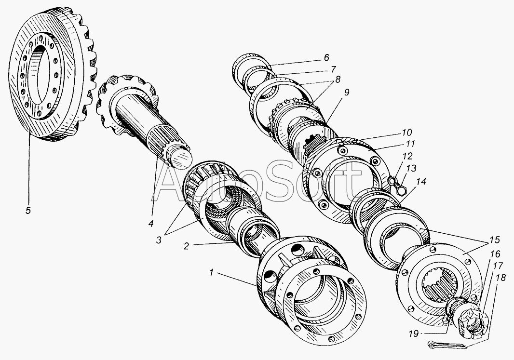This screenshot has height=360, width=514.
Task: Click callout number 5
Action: pos(28,211)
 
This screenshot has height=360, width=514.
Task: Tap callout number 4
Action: pos(151,224)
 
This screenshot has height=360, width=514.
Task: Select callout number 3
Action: pos(159,240)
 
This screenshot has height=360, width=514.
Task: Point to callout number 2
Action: pos(186,246)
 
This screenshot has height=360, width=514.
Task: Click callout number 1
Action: pos(212,273)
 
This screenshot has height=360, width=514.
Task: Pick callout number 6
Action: pos(326,58)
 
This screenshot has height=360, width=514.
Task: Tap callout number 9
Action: pos(346,93)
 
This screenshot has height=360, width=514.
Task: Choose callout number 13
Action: pos(411,168)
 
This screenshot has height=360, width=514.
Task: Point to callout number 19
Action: pos(414,334)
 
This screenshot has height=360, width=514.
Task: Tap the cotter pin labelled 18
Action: pos(447,345)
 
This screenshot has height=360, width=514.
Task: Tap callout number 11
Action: pos(410,144)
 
